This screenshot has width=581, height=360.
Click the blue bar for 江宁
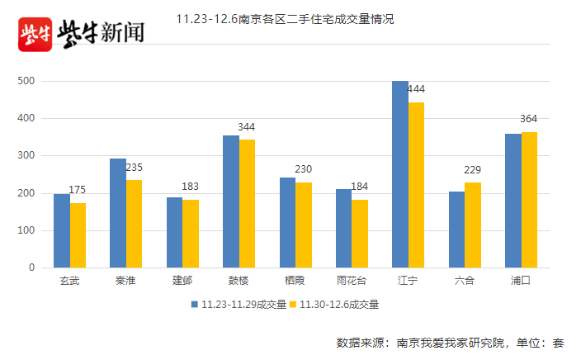tap(400, 174)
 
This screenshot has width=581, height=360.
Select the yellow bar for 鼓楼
tap(248, 203)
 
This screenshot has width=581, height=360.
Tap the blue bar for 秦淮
tap(118, 213)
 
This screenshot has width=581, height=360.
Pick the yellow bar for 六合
tap(473, 225)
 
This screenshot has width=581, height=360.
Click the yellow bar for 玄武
tap(78, 235)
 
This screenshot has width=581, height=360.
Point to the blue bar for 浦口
tap(513, 201)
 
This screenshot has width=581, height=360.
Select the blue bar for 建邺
tap(175, 232)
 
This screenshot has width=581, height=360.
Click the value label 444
tap(416, 89)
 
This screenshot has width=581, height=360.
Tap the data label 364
tap(529, 120)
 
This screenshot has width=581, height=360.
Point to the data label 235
tap(134, 168)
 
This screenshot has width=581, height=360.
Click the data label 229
tap(473, 170)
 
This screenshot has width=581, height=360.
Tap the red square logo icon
tap(35, 34)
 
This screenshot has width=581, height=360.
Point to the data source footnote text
tap(450, 343)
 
